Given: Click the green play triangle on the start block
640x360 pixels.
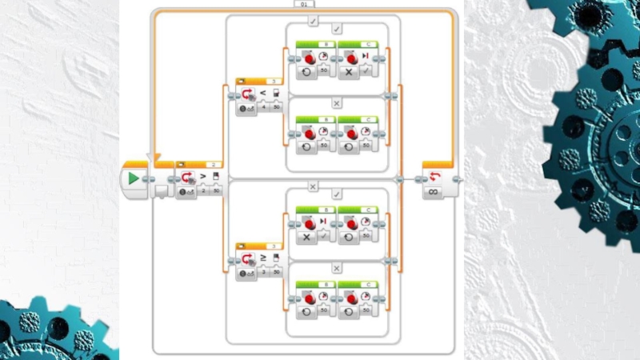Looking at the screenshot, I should [134, 178].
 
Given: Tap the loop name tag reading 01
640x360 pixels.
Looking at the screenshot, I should [304, 4].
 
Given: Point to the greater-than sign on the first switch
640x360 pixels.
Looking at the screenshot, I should [202, 176].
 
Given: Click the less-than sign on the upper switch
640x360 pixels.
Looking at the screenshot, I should [264, 93].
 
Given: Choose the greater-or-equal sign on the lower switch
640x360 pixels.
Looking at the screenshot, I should [264, 258].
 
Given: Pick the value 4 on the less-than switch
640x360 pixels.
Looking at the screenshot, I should [262, 106].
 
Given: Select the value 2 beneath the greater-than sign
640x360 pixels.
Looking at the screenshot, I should [204, 190].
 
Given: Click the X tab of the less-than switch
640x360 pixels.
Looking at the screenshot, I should [336, 103].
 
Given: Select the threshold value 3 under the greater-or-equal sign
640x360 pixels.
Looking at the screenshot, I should [262, 273].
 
